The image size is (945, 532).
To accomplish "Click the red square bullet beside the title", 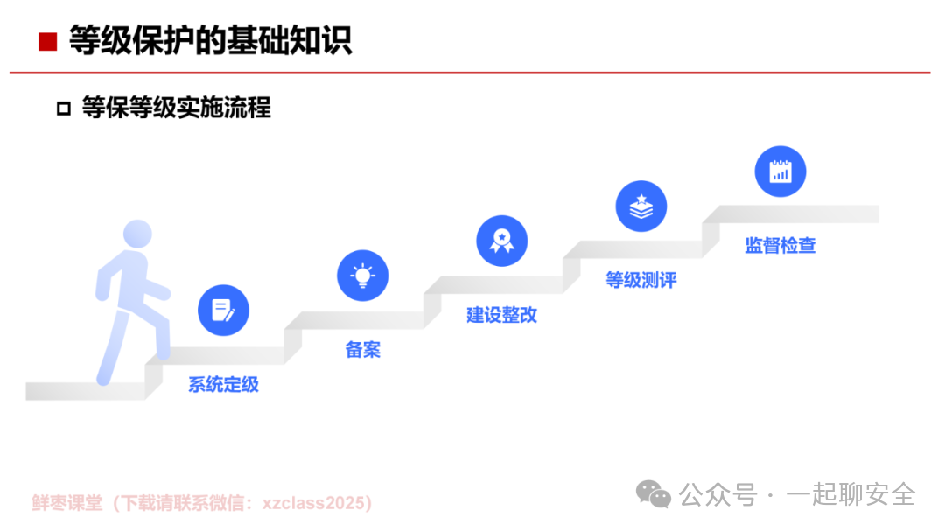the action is pyautogui.click(x=47, y=42).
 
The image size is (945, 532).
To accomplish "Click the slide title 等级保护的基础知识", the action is pyautogui.click(x=210, y=40).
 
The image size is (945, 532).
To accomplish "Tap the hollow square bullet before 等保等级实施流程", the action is pyautogui.click(x=64, y=108).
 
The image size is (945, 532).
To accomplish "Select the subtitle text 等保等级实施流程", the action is pyautogui.click(x=177, y=108).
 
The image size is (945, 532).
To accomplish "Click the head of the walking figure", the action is pyautogui.click(x=137, y=234).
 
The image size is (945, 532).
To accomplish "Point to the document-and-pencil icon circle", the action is pyautogui.click(x=224, y=311).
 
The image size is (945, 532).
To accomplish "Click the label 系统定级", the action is pyautogui.click(x=224, y=384).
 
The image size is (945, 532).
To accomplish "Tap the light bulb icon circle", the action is pyautogui.click(x=363, y=276).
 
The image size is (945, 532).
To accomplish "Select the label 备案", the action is pyautogui.click(x=363, y=349).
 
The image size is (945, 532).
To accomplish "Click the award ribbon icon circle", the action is pyautogui.click(x=502, y=241).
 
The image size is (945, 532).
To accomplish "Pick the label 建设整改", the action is pyautogui.click(x=502, y=314).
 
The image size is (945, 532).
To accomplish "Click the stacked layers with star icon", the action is pyautogui.click(x=641, y=206).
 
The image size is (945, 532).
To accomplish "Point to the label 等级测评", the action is pyautogui.click(x=641, y=280).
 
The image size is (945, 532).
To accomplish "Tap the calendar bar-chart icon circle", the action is pyautogui.click(x=780, y=171).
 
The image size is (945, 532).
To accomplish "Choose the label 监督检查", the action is pyautogui.click(x=780, y=245).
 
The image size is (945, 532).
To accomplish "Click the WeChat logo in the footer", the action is pyautogui.click(x=654, y=494).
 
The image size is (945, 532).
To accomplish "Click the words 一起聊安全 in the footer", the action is pyautogui.click(x=851, y=494).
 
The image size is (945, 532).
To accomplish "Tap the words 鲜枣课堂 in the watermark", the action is pyautogui.click(x=67, y=503).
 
